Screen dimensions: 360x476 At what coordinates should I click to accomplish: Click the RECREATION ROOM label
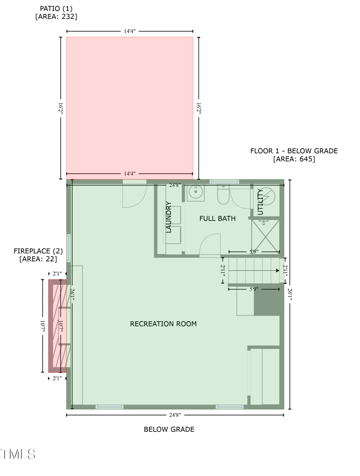coord(163,324)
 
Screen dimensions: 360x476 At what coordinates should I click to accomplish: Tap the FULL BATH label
coord(217,218)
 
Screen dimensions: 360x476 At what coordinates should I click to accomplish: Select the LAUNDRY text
coord(168,217)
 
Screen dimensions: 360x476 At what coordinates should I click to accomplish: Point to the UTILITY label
coord(261,202)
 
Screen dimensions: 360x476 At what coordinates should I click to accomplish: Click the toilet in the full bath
coord(223,195)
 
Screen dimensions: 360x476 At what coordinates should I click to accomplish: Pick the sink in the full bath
coord(195,193)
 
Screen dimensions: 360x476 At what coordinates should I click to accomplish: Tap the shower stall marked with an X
coord(265,236)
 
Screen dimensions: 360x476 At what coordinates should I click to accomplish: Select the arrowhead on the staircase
coord(278,270)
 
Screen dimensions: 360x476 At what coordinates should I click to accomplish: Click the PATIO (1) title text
coord(56,9)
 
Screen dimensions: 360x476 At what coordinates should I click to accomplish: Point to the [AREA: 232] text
coord(56,17)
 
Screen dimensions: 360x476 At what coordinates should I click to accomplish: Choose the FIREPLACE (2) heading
coord(38,251)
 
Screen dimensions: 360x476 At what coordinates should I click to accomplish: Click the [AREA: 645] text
coord(294,159)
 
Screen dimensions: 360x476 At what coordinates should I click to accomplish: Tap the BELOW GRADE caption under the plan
coord(169,429)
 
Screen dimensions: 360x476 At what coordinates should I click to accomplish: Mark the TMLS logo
coord(18,454)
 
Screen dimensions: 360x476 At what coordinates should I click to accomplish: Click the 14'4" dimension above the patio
coord(130,31)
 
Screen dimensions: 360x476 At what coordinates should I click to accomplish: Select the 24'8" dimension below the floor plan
coord(175,415)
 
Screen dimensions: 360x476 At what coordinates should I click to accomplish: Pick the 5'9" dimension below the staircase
coord(254,289)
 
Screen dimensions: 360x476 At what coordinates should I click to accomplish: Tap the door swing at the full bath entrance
coord(210,245)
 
